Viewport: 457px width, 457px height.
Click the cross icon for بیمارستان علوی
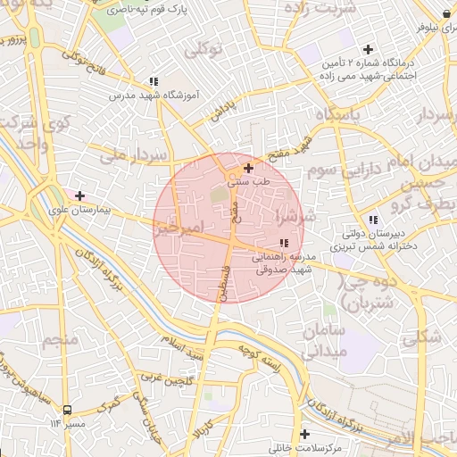(80, 195)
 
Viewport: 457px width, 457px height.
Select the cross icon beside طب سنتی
(248, 168)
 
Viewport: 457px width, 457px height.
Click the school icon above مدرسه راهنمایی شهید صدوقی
(284, 243)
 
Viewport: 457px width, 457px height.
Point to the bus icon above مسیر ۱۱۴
(68, 410)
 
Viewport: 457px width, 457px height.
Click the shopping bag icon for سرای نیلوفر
(445, 13)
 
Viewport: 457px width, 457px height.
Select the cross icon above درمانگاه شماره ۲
(367, 50)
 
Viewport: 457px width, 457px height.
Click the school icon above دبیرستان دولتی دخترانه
(373, 220)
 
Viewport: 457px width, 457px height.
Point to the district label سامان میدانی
(317, 341)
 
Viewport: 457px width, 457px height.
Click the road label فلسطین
(215, 276)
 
